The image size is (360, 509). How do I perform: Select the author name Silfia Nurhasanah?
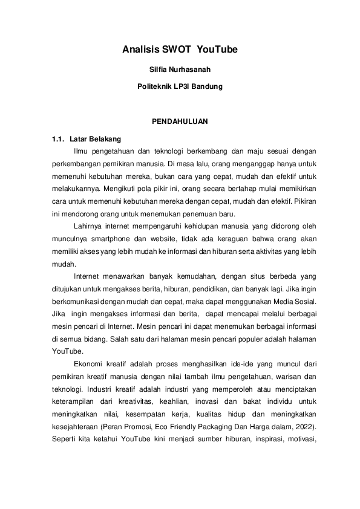pyautogui.click(x=180, y=70)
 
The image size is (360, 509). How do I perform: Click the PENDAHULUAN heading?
pyautogui.click(x=180, y=122)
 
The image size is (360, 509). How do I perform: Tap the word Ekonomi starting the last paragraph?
pyautogui.click(x=88, y=363)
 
